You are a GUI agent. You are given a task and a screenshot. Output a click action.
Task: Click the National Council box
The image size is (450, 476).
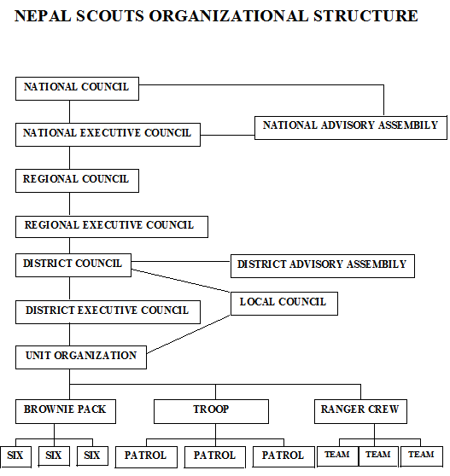[x=77, y=88]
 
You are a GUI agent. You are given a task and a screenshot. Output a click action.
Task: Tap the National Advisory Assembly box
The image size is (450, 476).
[x=350, y=126]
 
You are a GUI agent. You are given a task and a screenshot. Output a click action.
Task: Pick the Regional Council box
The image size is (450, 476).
[x=77, y=180]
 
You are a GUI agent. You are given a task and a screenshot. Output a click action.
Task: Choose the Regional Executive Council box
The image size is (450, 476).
[x=111, y=226]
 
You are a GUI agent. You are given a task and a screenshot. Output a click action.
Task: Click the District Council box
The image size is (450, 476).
[x=73, y=264]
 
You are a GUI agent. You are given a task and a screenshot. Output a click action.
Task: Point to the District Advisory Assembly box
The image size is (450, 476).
[x=322, y=265]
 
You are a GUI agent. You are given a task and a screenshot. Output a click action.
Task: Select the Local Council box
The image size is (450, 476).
[x=283, y=303]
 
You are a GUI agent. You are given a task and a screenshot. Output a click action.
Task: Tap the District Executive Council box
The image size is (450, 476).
[x=108, y=311]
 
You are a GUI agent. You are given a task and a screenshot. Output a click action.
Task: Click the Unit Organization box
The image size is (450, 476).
[x=81, y=357]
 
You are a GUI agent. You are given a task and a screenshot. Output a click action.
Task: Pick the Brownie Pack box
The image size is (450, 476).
[x=66, y=411]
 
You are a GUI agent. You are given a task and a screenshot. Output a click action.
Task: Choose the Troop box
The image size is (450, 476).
[x=211, y=411]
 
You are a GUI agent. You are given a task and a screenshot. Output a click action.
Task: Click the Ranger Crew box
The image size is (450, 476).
[x=359, y=411]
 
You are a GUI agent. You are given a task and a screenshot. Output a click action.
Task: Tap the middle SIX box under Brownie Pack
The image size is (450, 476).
[x=54, y=456]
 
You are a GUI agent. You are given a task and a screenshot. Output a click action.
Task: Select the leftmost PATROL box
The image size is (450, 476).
[x=146, y=456]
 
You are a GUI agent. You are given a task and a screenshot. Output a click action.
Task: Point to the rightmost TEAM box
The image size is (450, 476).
[x=421, y=456]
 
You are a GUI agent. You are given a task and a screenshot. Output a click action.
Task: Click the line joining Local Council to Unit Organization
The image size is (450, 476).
[x=190, y=334]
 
